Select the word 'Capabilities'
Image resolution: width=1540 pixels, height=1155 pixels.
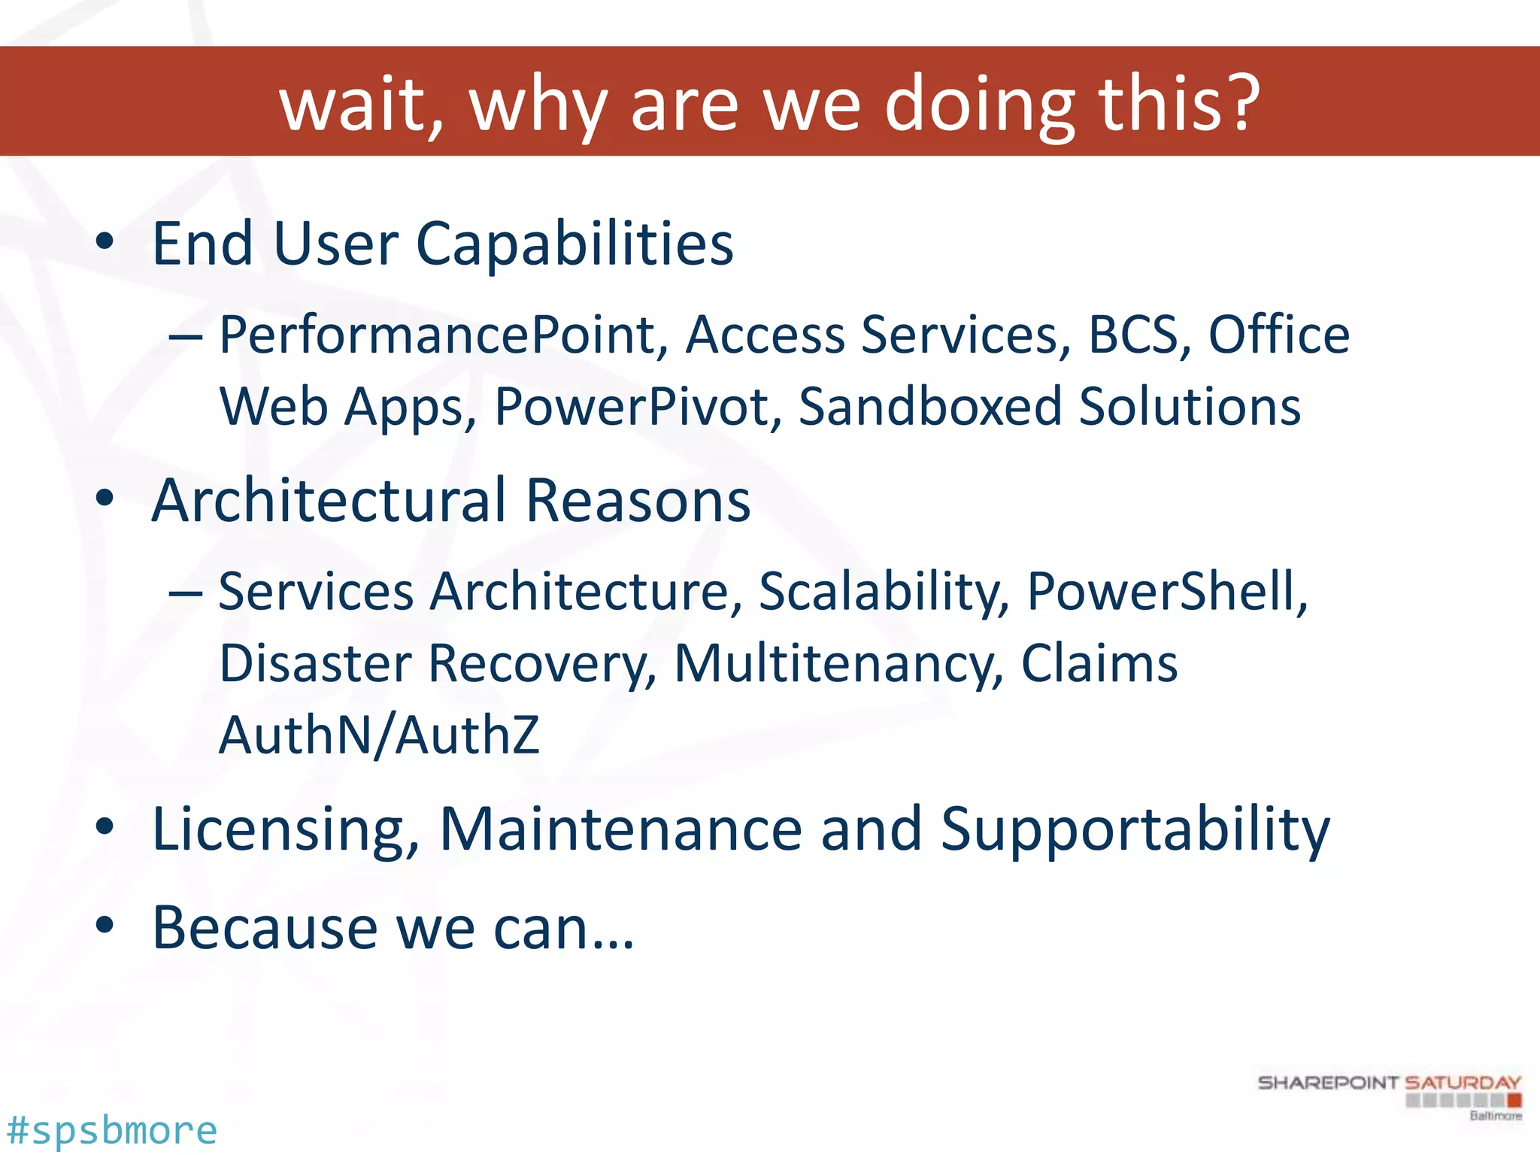[574, 244]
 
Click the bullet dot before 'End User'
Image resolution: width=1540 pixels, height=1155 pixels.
[105, 242]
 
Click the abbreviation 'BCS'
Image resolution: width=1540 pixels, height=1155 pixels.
[1134, 335]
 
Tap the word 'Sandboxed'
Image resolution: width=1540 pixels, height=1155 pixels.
[929, 407]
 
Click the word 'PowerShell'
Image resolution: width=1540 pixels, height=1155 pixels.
[1166, 592]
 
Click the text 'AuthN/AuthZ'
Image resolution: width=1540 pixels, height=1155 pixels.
[379, 735]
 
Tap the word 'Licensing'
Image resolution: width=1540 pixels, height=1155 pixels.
[285, 830]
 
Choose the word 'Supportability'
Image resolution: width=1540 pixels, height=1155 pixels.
[1135, 830]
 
